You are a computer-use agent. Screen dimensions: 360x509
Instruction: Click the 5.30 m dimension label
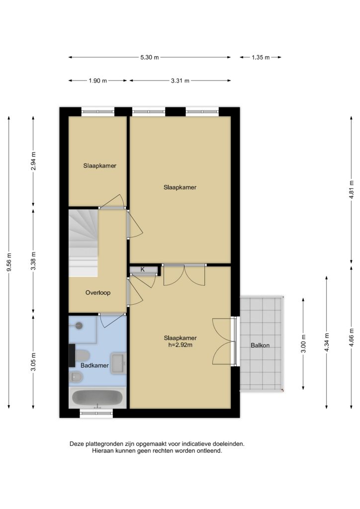150,58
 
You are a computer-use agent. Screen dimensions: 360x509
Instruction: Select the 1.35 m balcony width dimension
261,58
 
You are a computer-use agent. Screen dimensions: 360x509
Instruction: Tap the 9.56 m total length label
9,262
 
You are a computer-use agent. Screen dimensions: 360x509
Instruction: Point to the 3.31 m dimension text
180,81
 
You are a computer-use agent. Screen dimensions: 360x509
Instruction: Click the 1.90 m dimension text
98,81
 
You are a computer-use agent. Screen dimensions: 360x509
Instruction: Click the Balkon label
260,345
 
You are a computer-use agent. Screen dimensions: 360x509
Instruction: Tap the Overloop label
98,292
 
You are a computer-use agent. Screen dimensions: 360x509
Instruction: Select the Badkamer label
94,365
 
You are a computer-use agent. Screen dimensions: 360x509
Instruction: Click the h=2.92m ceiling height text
180,345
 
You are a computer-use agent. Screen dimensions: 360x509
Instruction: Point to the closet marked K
143,270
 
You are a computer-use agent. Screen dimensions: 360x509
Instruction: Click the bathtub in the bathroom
97,398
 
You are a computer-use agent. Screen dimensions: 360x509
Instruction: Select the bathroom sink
118,363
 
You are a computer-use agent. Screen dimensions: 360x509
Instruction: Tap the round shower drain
79,325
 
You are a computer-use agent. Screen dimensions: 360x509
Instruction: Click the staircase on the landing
83,243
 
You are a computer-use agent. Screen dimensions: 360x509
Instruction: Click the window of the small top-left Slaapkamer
98,112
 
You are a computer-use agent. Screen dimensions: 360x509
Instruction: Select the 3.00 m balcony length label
303,344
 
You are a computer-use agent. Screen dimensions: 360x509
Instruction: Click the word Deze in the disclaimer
76,444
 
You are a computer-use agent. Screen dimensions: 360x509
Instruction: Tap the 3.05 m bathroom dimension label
33,362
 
